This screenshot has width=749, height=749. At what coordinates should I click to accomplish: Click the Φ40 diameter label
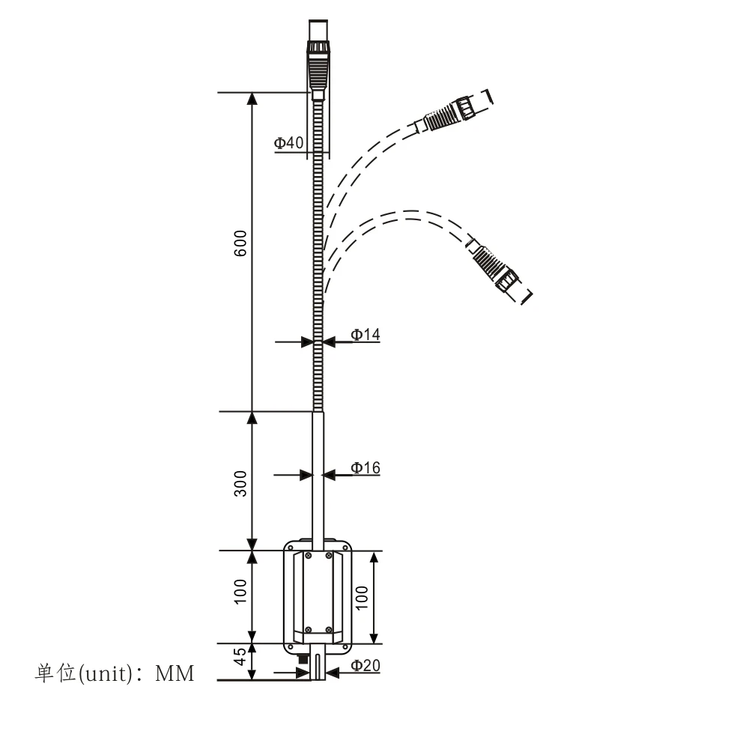pos(288,143)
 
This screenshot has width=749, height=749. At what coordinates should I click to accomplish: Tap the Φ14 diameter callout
pos(366,335)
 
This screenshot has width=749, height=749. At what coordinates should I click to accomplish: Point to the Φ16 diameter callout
pos(366,468)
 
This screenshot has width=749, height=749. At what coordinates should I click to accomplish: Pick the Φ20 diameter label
pos(366,665)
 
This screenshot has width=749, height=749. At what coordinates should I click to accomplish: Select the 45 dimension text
pos(240,658)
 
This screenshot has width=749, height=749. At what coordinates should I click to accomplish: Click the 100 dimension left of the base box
pos(240,592)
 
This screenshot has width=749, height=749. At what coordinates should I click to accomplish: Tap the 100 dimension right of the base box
pos(362,598)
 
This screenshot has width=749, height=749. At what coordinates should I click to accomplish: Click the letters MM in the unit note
pos(175,674)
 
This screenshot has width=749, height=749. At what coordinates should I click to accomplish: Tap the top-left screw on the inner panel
pos(307,556)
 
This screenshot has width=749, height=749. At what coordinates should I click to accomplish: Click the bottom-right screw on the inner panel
pos(329,629)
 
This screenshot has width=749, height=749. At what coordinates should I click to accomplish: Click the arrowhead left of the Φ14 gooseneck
pos(306,342)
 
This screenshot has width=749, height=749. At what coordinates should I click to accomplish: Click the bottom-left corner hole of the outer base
pos(290,642)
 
